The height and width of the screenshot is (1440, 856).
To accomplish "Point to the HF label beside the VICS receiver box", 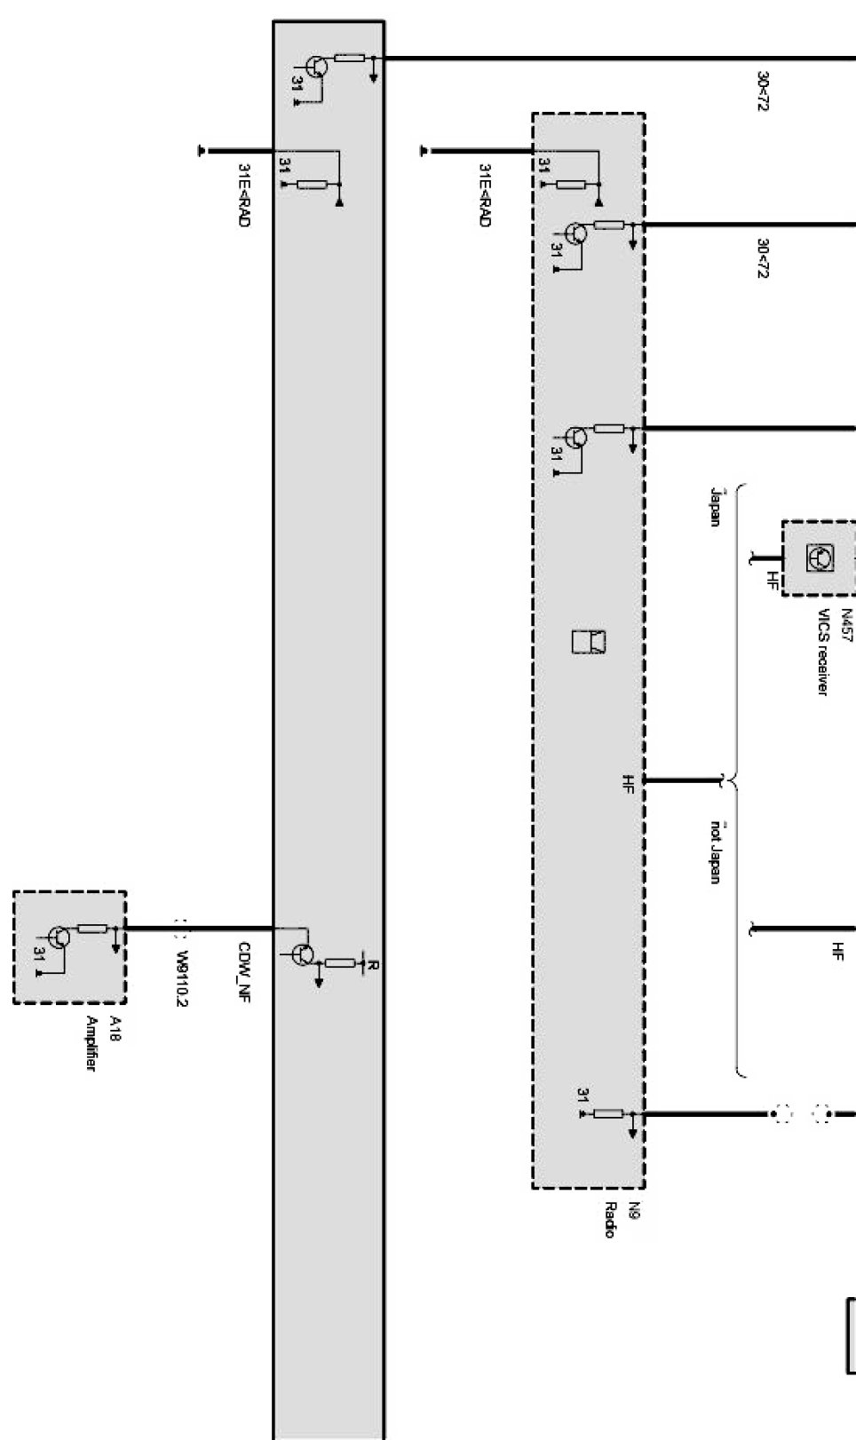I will click(x=773, y=582).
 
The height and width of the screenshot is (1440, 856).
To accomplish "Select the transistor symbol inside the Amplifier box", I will click(x=59, y=937).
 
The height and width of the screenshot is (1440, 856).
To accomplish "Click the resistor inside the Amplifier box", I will click(x=92, y=929).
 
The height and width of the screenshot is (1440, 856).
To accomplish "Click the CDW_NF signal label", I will click(x=244, y=972).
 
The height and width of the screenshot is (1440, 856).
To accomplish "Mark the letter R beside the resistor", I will click(x=373, y=965).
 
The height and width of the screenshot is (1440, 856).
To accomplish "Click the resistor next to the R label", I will click(x=340, y=962).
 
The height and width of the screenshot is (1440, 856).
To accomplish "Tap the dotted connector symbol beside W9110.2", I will click(x=181, y=930).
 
